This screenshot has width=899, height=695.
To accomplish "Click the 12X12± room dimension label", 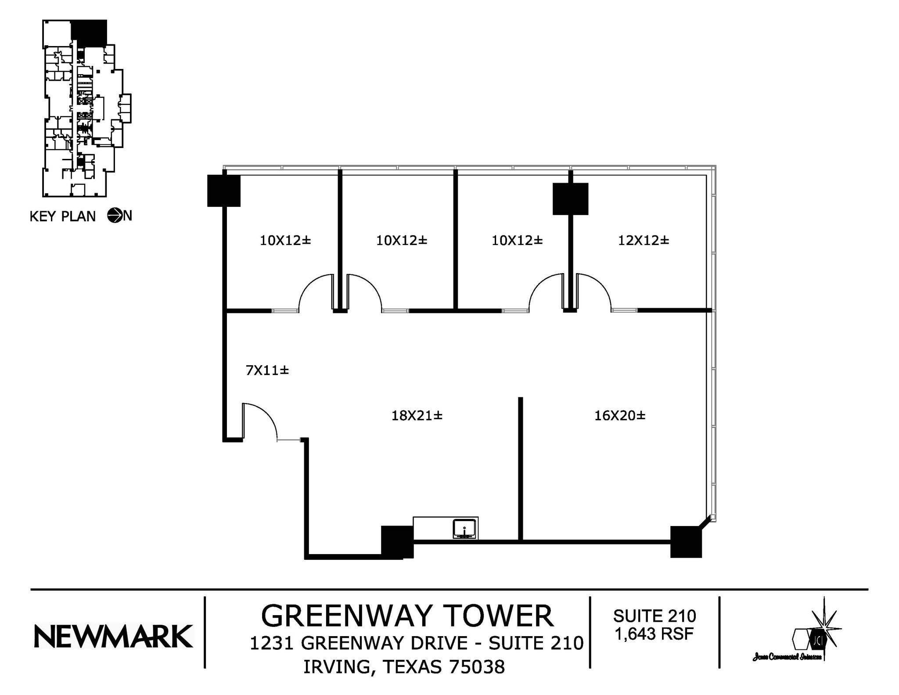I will tap(643, 240).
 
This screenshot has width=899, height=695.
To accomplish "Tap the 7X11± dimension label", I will tap(267, 370).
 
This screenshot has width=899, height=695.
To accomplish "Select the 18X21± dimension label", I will tap(417, 415).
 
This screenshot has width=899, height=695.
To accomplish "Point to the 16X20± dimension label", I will tap(619, 415).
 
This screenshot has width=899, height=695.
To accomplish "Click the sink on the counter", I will tap(464, 529).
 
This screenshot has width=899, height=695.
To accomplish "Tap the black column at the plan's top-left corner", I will tap(223, 190).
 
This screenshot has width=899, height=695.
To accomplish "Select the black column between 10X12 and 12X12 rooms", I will tap(570, 199).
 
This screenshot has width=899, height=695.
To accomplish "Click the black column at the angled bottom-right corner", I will tap(686, 542).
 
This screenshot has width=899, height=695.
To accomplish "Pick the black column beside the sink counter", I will tap(397, 542).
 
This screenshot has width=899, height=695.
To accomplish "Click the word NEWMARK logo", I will tap(113, 637).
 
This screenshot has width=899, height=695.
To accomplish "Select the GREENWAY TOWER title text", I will tap(407, 616).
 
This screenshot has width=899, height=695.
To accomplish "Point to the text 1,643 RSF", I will tap(654, 634).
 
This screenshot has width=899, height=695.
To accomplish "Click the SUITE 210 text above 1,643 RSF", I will tap(654, 616).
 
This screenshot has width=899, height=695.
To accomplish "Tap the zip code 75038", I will tap(477, 667).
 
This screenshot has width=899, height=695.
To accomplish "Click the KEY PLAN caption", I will tap(62, 216).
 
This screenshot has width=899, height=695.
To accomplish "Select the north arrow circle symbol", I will tap(115, 215).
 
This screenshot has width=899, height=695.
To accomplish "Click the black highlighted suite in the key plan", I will tap(89, 32).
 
